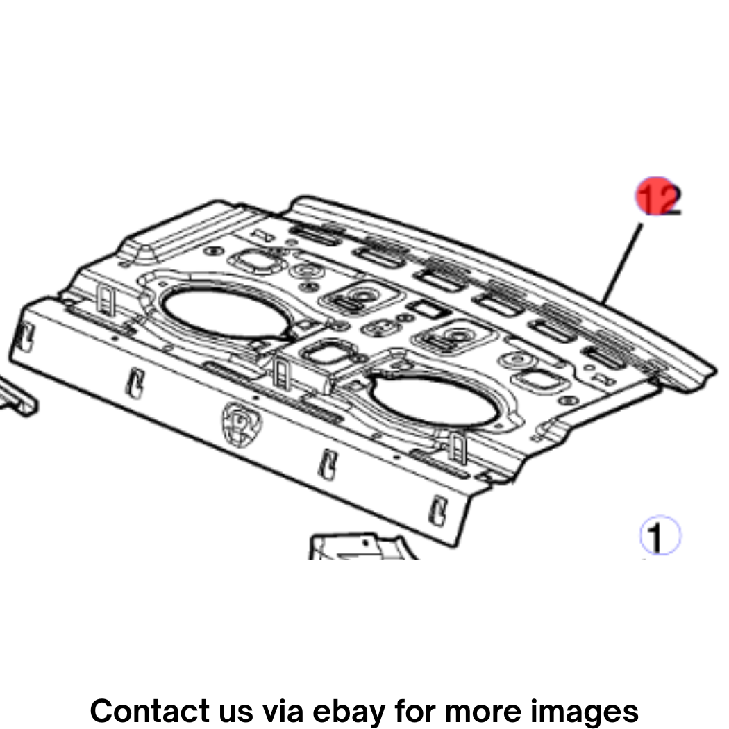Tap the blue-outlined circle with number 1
(x=660, y=535)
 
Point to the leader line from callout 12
(x=621, y=263)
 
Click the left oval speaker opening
(x=226, y=312)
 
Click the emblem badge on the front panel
(x=242, y=424)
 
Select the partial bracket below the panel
(x=362, y=547)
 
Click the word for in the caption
(x=414, y=710)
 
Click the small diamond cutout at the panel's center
(x=427, y=309)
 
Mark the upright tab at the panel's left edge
(x=106, y=299)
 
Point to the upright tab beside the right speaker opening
(x=458, y=447)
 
